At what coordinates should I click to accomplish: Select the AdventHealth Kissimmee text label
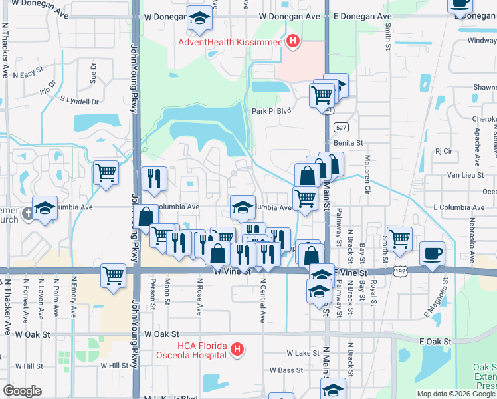click(231, 43)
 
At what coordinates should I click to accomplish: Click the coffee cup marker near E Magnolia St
click(433, 253)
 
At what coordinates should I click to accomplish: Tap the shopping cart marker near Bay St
click(399, 239)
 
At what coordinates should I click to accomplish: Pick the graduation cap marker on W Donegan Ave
click(199, 20)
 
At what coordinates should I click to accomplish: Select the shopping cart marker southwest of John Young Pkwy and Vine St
click(114, 275)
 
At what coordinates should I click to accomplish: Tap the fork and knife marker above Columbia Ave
click(153, 179)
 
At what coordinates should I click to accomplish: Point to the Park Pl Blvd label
click(271, 111)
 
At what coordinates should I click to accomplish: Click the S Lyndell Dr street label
click(79, 101)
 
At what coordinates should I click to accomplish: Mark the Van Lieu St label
click(462, 174)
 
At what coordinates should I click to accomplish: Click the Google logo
click(22, 390)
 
